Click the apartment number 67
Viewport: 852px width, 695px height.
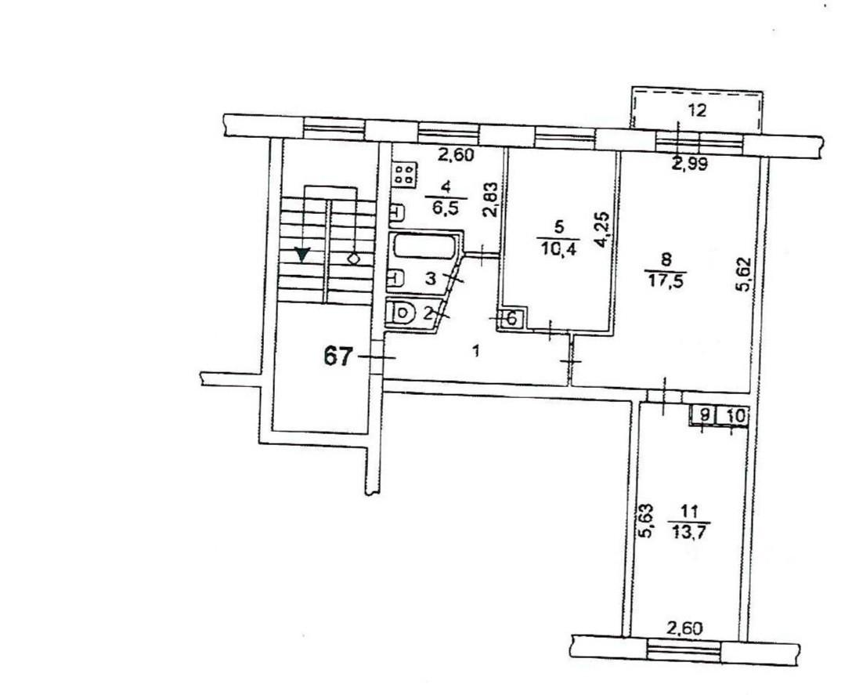(x=338, y=357)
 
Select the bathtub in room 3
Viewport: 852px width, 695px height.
(x=424, y=246)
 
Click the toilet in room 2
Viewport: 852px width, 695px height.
(x=399, y=313)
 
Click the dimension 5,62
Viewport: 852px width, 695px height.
(x=743, y=274)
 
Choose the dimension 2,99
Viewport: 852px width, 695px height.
(x=690, y=165)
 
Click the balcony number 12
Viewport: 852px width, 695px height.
(x=697, y=111)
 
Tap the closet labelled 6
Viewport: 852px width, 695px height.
(x=511, y=319)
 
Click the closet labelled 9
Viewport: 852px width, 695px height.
(x=704, y=416)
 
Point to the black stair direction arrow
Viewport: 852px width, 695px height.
(x=301, y=254)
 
